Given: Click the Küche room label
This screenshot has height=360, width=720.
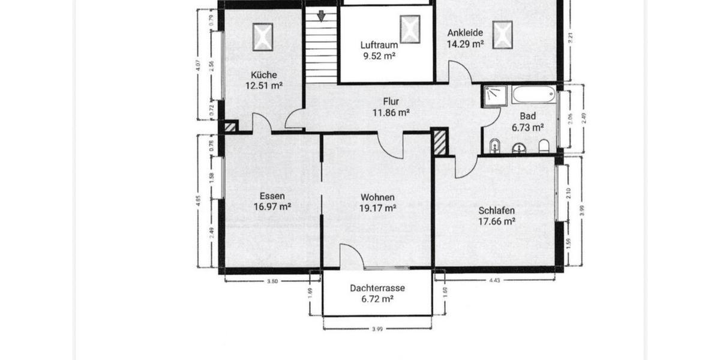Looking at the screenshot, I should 264,75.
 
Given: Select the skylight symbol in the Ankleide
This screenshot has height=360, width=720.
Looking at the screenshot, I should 502,34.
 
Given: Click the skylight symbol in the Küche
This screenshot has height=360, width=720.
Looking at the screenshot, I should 262,37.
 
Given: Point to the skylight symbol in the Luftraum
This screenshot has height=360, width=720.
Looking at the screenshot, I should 410,29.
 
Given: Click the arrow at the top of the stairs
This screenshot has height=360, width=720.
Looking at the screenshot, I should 322,16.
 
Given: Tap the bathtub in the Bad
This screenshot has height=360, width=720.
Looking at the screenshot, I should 535,95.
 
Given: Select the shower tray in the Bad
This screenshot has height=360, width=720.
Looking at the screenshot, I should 496,96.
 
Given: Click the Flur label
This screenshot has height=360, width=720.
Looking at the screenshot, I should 391,101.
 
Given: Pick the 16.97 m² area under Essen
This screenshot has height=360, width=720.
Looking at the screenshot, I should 272,207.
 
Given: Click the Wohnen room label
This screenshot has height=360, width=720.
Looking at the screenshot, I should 377,197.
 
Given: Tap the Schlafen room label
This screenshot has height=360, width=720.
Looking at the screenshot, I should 497,211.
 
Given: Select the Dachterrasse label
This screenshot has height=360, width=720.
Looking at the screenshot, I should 377,288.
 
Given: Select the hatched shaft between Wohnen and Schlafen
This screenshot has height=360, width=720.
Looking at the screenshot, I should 440,143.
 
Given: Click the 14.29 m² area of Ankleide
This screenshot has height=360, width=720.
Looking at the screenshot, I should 465,43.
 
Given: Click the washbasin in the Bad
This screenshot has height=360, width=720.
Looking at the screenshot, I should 519,148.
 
